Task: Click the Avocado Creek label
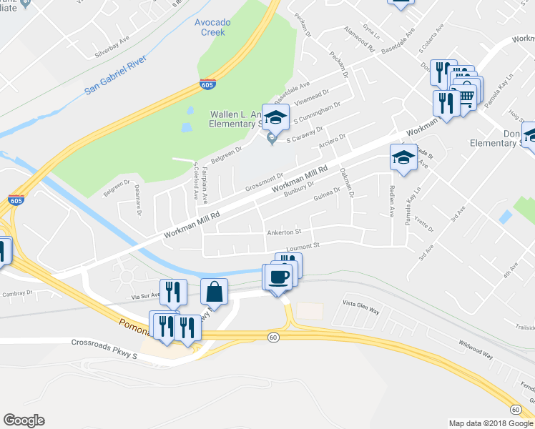click(212, 27)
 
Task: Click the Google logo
click(24, 420)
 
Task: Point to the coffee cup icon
click(279, 276)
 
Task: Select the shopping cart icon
click(466, 97)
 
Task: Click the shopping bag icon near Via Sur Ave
click(214, 291)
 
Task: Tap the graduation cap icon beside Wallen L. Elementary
click(275, 117)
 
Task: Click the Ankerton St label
click(284, 232)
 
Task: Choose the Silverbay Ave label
click(114, 47)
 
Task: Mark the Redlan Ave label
click(391, 203)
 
